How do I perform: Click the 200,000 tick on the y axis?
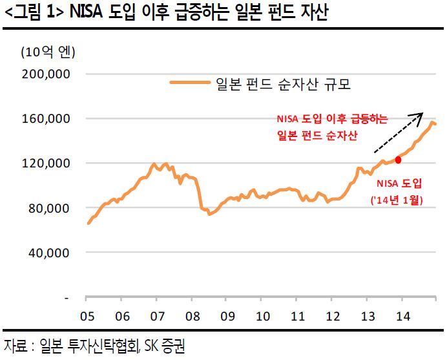pos(47,74)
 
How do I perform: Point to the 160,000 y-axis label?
pos(47,119)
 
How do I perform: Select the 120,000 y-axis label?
pos(47,164)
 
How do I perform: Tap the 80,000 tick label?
pos(50,208)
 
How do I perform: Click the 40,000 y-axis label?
pos(50,253)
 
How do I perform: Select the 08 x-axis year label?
pos(191,317)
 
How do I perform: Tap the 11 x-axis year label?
pos(296,317)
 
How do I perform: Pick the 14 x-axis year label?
pos(402,317)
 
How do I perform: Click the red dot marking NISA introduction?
pos(398,160)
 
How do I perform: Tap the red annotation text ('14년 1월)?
pos(395,201)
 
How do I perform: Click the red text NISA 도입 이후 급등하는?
pos(332,119)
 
